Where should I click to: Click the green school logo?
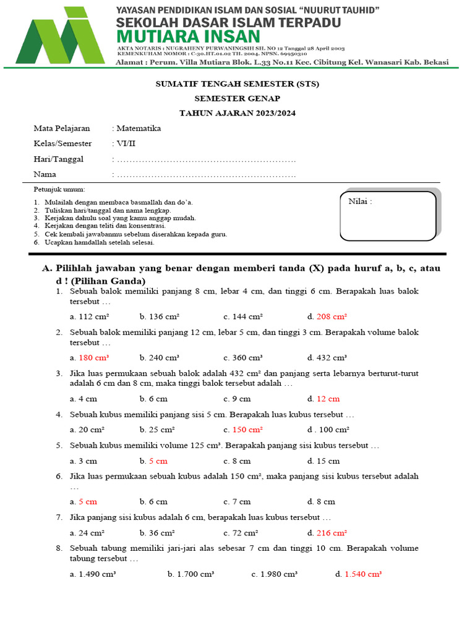tap(60, 36)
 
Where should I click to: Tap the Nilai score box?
tap(388, 216)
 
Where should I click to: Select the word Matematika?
tap(139, 129)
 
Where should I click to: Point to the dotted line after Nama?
tap(206, 175)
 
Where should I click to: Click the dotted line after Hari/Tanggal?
tap(206, 160)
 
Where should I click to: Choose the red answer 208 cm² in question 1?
tap(332, 316)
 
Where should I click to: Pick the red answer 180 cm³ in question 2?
tap(93, 357)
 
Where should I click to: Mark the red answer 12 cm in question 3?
tap(328, 399)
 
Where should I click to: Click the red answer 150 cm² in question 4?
tap(247, 430)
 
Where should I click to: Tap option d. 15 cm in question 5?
tap(323, 461)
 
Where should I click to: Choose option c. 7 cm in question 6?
tap(237, 502)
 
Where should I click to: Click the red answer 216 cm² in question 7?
tap(332, 533)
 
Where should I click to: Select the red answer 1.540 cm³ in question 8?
tap(362, 574)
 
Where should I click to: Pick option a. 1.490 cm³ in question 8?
tap(93, 574)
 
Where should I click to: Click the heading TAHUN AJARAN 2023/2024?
tap(237, 113)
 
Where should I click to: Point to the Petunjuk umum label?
tap(59, 189)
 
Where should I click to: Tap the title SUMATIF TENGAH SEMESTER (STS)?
tap(237, 83)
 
